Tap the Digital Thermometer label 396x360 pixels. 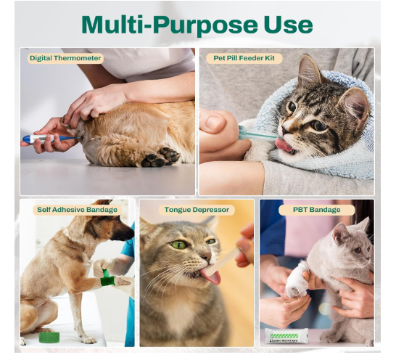pos(65,58)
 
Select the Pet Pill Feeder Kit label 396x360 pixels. pos(244,58)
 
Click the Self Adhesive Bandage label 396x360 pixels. pos(78,210)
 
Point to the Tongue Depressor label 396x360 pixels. pos(197,210)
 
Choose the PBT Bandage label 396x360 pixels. pos(317,210)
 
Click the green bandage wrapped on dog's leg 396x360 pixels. pos(107,278)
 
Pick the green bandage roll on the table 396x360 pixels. pos(49,337)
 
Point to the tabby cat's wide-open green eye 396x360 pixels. pos(177,244)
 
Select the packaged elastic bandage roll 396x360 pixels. pos(286,336)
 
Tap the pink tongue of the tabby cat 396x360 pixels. pos(211,277)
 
